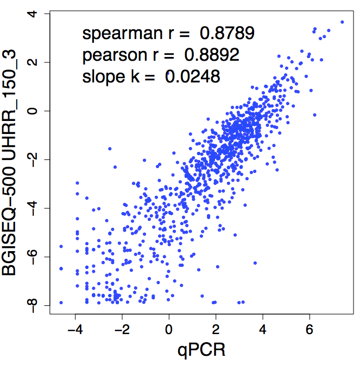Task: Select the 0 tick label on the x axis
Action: [x=169, y=329]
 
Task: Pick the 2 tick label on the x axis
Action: [x=216, y=329]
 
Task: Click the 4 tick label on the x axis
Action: [x=263, y=329]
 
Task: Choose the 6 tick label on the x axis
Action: [x=310, y=329]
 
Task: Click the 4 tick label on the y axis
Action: [x=36, y=13]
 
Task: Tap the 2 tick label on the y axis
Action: [x=36, y=62]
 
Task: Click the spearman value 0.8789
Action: [x=227, y=34]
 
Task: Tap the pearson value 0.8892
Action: [x=212, y=55]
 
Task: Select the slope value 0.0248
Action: [x=193, y=76]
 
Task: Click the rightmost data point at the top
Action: [x=342, y=22]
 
